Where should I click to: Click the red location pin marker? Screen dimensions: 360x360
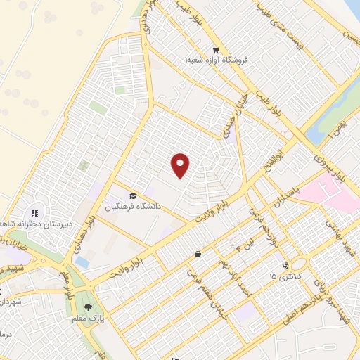(x=181, y=165)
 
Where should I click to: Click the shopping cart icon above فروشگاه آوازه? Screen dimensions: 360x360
(x=216, y=50)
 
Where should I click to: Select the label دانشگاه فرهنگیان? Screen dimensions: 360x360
(x=134, y=207)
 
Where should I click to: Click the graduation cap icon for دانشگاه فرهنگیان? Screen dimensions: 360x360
(x=131, y=195)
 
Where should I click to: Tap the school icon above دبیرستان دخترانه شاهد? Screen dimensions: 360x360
(x=33, y=213)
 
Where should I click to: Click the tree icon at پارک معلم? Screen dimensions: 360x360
(x=88, y=307)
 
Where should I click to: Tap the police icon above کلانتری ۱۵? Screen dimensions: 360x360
(x=285, y=266)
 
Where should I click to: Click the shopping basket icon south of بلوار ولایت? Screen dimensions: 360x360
(x=199, y=253)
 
